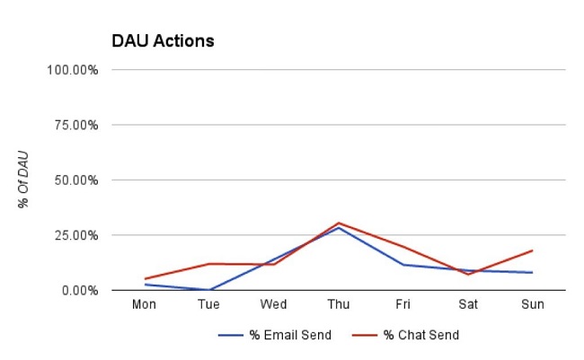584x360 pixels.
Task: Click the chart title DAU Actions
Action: (x=163, y=41)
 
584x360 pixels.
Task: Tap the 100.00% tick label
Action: (x=72, y=69)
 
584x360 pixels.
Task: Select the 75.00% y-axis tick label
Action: (x=75, y=125)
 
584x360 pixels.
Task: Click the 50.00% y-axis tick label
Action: (x=75, y=180)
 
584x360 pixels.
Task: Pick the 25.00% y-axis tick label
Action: (x=75, y=235)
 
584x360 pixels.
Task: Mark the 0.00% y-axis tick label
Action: (x=78, y=290)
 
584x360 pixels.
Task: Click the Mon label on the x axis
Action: (x=145, y=304)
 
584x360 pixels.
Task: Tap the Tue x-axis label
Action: (x=209, y=304)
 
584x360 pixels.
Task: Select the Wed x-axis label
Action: (x=274, y=304)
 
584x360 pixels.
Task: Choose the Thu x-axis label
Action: (x=339, y=304)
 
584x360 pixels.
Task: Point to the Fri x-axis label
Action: (x=403, y=304)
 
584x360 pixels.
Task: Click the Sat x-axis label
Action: (x=468, y=304)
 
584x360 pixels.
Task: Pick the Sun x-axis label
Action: (x=533, y=304)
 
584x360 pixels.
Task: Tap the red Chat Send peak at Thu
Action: (x=339, y=223)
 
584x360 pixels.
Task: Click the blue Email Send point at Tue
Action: (x=209, y=290)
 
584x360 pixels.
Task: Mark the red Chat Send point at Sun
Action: (x=533, y=250)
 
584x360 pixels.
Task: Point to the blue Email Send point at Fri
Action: (x=403, y=265)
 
